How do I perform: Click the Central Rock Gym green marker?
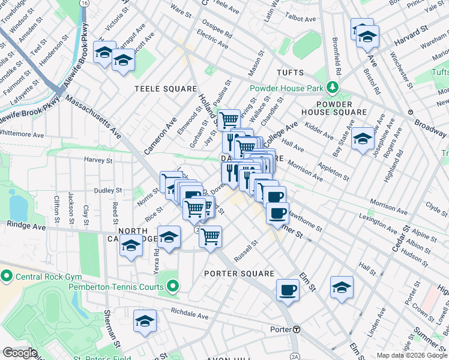point(7,277)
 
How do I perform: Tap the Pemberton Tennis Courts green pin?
point(172,287)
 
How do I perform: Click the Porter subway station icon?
point(297,329)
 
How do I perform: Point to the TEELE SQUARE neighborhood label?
point(166,89)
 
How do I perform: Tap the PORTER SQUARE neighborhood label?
point(231,274)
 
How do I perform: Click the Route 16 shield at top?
point(86,3)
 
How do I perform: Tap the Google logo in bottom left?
point(20,353)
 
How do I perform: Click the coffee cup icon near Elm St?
point(288,290)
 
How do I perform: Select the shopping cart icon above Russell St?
point(210,236)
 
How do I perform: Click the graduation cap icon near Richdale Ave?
point(145,321)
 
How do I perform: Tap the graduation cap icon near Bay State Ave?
point(363,139)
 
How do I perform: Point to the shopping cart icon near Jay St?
point(228,119)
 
